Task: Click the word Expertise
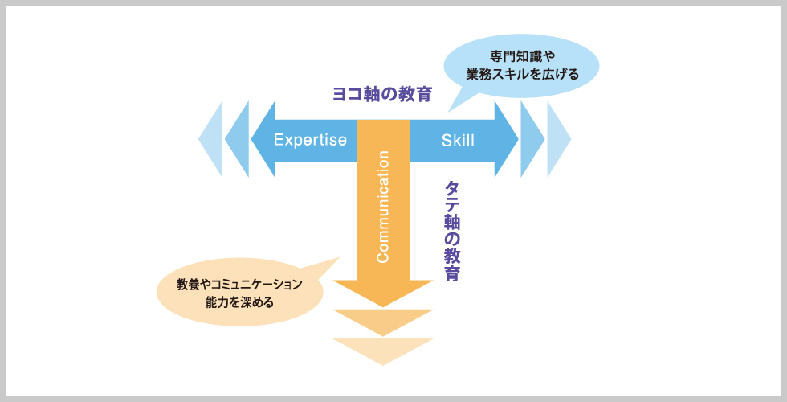tap(310, 140)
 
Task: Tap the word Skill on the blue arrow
tap(458, 140)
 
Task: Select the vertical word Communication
tap(383, 207)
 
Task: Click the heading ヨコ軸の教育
tap(382, 94)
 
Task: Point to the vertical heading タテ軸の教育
tap(451, 232)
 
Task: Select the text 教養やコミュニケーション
tap(239, 285)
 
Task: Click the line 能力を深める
tap(239, 302)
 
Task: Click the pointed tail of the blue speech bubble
tap(448, 112)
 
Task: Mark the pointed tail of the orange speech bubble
tap(339, 258)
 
